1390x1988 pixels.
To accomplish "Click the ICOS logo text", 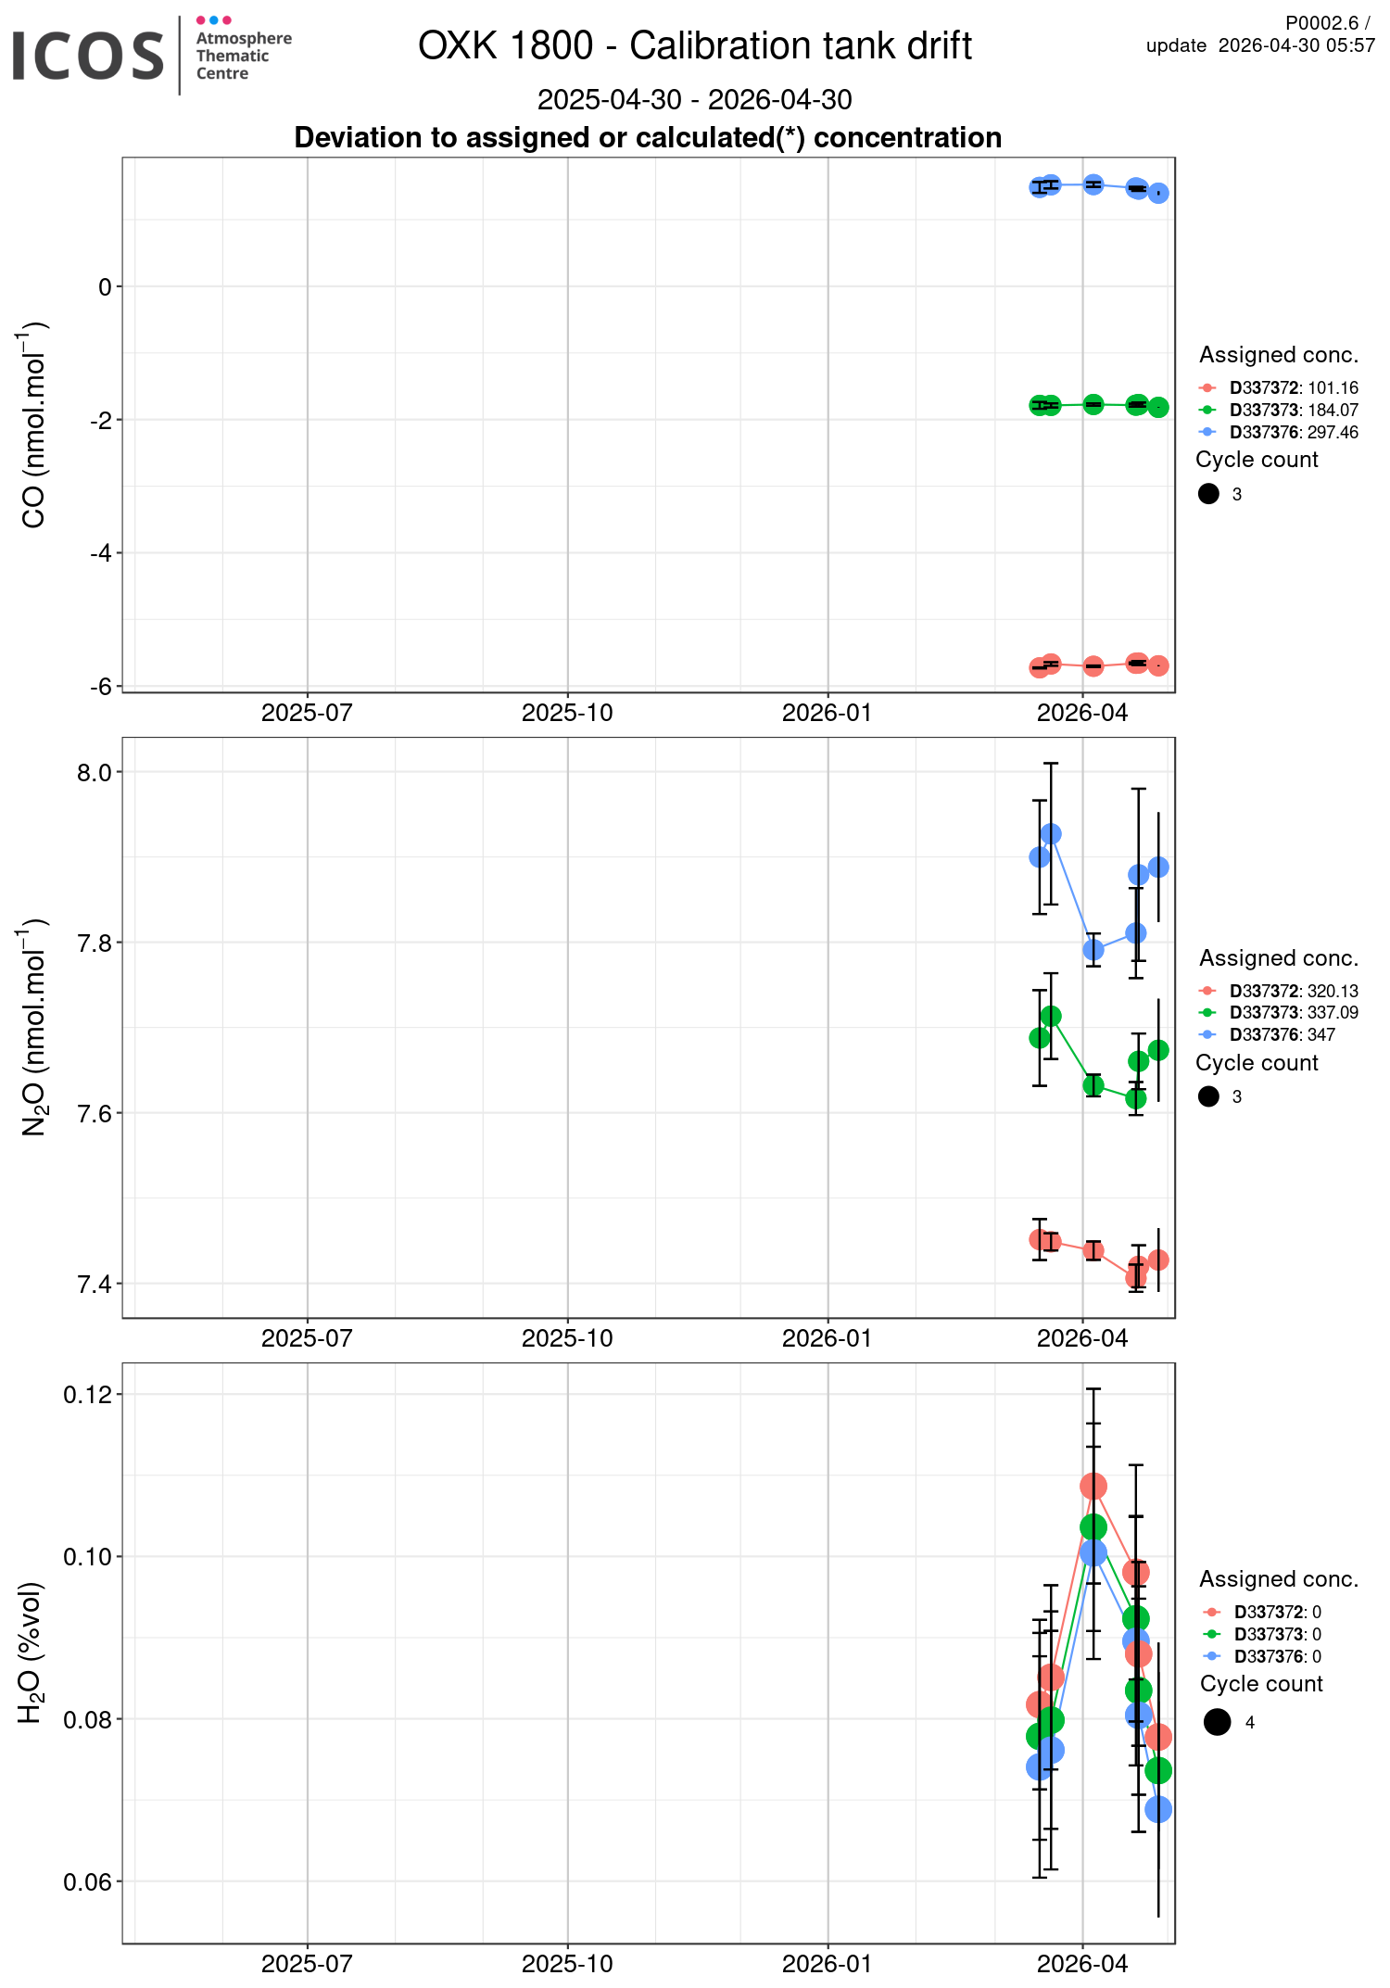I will pos(88,56).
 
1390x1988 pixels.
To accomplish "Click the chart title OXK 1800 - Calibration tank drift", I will pos(694,45).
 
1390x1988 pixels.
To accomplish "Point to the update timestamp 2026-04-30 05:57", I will pos(1295,45).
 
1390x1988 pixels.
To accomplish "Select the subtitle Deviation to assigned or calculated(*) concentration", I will pos(648,137).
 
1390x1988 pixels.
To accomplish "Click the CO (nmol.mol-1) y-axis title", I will pos(33,424).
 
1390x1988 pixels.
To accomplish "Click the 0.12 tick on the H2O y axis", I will pos(87,1395).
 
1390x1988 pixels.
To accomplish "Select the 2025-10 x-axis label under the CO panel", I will pos(567,713).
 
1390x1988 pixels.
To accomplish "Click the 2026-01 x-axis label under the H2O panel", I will pos(828,1964).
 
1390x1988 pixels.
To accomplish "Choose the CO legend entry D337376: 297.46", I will pos(1293,432).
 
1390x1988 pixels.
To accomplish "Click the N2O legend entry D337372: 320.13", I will pos(1293,991).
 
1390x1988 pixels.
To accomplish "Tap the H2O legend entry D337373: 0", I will pos(1277,1634).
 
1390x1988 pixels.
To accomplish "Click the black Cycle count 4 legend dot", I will pos(1217,1722).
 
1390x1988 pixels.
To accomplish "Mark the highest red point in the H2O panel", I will pos(1093,1487).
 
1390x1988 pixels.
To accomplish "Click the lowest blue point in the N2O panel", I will pos(1093,950).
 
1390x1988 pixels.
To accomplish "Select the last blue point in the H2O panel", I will pos(1158,1808).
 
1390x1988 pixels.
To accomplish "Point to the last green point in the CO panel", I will pos(1158,407).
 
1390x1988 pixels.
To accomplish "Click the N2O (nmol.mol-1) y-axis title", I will pos(33,1027).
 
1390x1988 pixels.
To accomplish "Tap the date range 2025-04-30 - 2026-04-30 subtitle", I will pos(694,99).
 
